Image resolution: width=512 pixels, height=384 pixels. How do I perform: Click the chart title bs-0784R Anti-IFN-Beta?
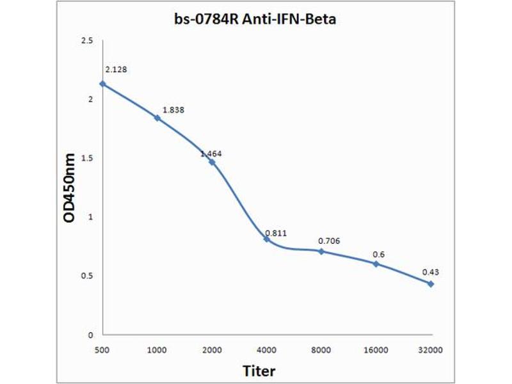(x=255, y=20)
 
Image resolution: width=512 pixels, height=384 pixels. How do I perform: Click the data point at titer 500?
(x=102, y=84)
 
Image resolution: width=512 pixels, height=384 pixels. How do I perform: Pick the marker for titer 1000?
(x=157, y=118)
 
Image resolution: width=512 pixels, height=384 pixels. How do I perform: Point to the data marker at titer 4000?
(x=266, y=239)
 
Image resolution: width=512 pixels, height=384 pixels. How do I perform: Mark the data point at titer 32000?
(x=431, y=284)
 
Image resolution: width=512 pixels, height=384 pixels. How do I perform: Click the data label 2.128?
(x=116, y=69)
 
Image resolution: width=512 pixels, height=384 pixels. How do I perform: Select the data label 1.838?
(x=173, y=110)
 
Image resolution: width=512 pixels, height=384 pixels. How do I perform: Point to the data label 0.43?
(x=430, y=272)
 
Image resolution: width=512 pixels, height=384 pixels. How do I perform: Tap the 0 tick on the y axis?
(x=90, y=335)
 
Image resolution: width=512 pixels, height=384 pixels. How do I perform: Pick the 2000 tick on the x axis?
(x=212, y=350)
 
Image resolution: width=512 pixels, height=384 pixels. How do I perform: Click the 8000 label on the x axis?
(x=321, y=350)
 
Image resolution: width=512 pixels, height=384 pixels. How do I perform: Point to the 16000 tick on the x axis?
(x=376, y=350)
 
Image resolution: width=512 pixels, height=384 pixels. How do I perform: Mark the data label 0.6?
(x=379, y=254)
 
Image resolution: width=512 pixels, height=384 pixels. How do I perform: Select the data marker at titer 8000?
(x=321, y=251)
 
